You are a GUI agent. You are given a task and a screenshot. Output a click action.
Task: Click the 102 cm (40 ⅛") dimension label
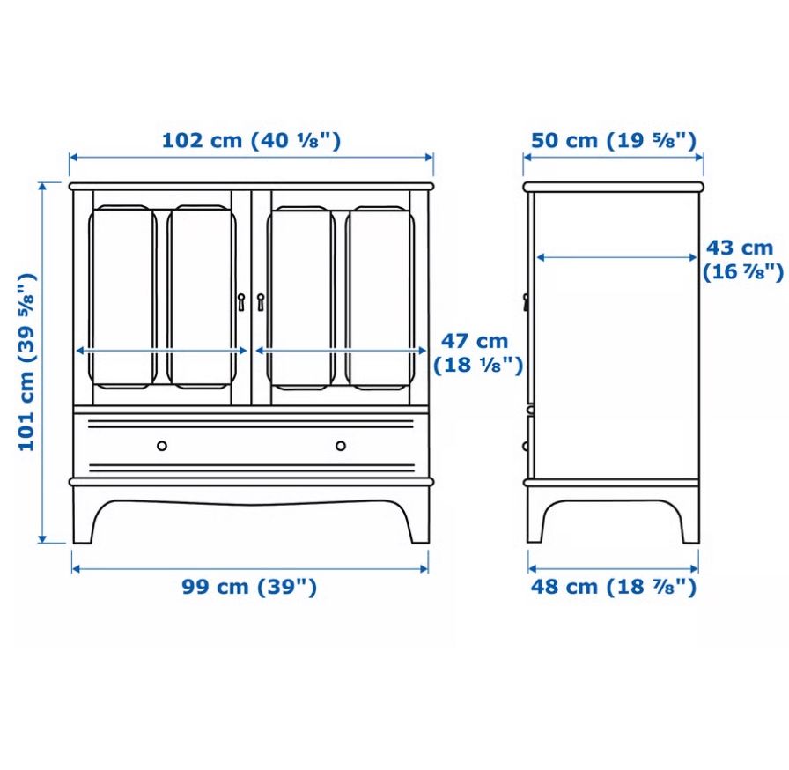tap(251, 140)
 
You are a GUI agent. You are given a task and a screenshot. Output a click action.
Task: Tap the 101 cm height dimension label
tap(26, 362)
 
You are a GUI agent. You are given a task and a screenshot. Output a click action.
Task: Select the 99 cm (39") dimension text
tap(249, 587)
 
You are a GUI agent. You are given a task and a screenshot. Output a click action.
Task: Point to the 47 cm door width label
tap(478, 352)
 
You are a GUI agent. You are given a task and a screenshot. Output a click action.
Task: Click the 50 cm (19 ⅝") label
tap(614, 140)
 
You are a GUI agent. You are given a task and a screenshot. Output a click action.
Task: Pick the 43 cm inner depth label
tap(742, 260)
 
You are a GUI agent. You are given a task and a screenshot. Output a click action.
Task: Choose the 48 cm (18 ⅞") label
tap(614, 587)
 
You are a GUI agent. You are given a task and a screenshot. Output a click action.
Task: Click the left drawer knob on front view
tap(162, 446)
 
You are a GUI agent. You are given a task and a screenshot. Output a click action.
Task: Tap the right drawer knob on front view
tap(341, 446)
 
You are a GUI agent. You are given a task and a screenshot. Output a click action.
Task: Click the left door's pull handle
tap(241, 302)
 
